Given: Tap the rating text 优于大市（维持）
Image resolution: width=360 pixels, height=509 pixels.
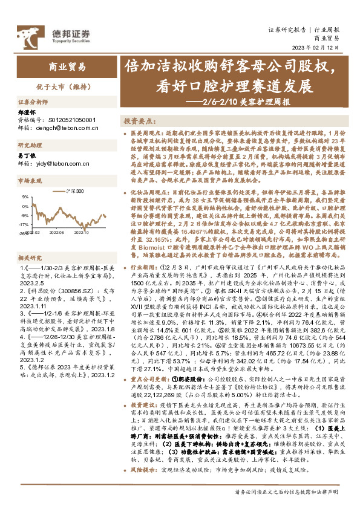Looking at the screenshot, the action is (68, 87).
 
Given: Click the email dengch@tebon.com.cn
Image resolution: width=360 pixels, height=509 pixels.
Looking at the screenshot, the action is (65, 128).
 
